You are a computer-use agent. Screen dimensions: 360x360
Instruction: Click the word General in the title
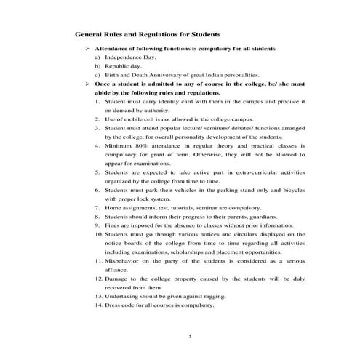[x=91, y=34]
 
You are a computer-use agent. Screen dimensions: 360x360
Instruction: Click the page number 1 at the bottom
[x=189, y=337]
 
